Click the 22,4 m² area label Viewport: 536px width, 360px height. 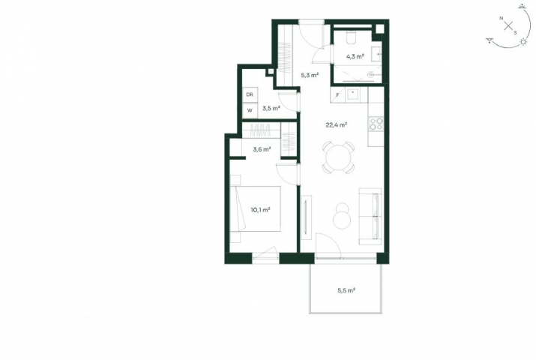tap(337, 125)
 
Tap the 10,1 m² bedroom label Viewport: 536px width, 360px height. tap(260, 209)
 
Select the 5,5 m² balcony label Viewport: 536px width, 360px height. tap(346, 290)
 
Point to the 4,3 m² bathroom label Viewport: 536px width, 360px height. tap(355, 56)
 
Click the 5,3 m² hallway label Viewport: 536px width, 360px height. tap(310, 75)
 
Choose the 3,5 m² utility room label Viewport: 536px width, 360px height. tap(271, 109)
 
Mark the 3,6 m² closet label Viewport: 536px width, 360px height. tap(262, 149)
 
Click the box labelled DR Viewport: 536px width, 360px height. tap(250, 94)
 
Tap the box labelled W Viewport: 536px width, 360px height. tap(250, 110)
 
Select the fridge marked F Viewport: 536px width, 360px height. tap(338, 94)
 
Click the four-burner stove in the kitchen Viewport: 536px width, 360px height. tap(376, 124)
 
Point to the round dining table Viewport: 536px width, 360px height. tap(338, 157)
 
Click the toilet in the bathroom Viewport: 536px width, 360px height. tap(351, 38)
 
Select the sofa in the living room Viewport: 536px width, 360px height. tap(370, 216)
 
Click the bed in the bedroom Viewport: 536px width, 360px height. tap(256, 209)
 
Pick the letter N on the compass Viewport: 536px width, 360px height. tap(501, 18)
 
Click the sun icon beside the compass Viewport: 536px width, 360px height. tap(523, 42)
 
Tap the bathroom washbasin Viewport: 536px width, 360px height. tap(376, 54)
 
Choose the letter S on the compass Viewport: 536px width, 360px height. tap(515, 33)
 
